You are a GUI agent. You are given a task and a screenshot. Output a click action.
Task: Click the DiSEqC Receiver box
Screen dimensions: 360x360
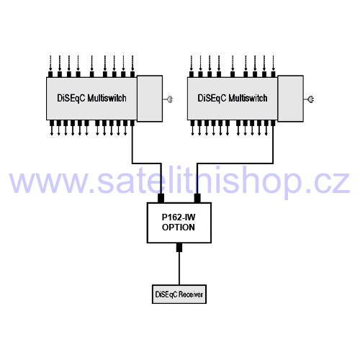[x=179, y=294]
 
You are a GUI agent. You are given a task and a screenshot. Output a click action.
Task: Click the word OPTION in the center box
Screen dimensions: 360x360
[x=179, y=228]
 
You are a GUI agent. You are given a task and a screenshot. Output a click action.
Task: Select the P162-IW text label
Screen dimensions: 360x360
[x=179, y=217]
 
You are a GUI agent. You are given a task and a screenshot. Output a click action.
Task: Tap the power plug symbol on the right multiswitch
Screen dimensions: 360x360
[x=310, y=99]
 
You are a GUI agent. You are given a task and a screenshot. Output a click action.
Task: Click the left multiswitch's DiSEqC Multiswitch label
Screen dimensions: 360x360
[x=91, y=98]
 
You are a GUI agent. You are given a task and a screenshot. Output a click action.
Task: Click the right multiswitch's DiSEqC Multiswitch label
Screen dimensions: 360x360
[x=233, y=98]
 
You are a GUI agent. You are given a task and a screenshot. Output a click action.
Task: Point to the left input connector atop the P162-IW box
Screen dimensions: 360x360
[x=161, y=199]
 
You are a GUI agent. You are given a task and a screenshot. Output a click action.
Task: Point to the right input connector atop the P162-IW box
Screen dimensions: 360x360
[x=197, y=199]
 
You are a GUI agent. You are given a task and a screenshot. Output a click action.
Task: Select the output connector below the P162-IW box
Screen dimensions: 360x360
[x=179, y=247]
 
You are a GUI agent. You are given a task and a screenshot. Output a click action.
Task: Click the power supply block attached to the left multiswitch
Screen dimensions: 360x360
[x=150, y=99]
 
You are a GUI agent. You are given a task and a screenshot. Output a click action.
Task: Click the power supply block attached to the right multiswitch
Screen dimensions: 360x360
[x=290, y=99]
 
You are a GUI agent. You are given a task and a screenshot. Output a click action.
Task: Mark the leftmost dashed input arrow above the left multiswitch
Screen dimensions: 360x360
[x=50, y=63]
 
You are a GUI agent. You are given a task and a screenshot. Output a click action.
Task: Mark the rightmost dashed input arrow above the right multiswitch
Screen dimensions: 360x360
[x=273, y=63]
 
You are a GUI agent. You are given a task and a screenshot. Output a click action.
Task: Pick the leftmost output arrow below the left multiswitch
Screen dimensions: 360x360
[x=52, y=130]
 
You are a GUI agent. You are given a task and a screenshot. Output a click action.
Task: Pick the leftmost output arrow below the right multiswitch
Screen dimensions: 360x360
[x=192, y=130]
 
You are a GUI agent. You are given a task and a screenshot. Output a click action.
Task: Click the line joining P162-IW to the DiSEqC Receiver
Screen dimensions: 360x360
[x=179, y=269]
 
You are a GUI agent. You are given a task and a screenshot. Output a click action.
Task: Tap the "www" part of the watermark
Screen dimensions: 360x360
[x=48, y=183]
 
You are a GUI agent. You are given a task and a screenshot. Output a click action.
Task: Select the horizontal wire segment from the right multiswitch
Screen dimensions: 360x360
[x=235, y=163]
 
